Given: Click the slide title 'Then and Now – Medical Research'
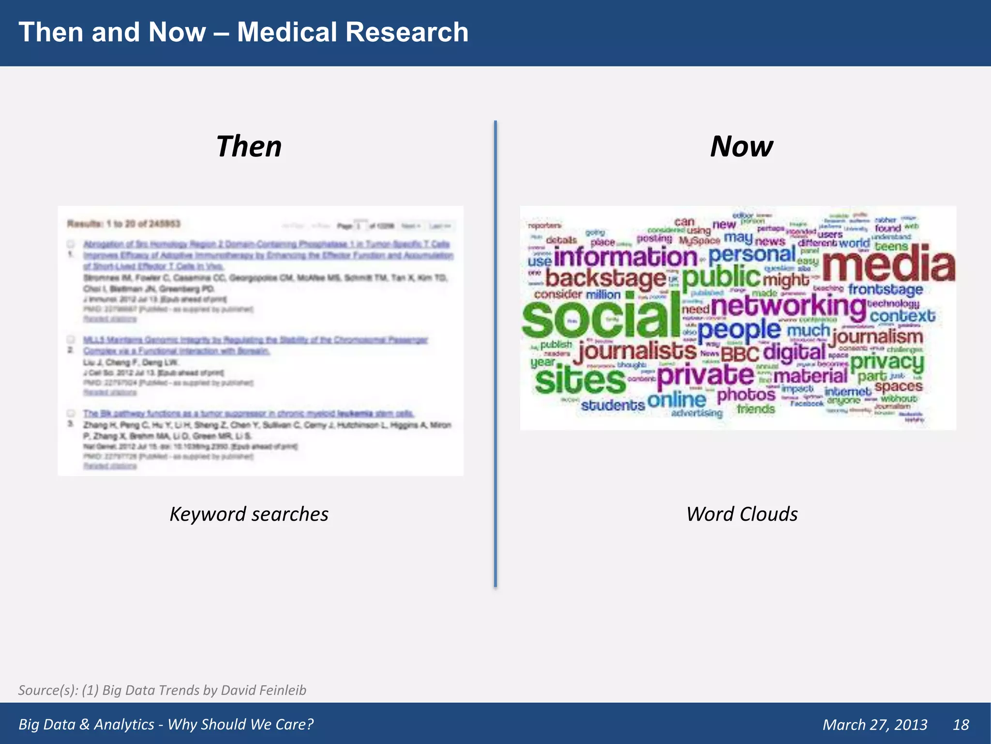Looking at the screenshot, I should (x=243, y=32).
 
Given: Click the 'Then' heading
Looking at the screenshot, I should (x=249, y=146).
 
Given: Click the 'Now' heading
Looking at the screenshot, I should (x=741, y=146).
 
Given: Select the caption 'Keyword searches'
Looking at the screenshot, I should (x=249, y=514).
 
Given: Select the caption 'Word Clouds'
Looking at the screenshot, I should (x=742, y=514).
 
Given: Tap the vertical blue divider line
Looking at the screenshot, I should (x=495, y=354).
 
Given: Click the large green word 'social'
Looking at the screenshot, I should (x=601, y=319).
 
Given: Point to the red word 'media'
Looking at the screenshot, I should (x=888, y=264).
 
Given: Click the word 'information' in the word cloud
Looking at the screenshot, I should (x=625, y=257).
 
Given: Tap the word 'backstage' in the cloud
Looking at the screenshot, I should (x=606, y=279).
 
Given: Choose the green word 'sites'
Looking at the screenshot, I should (x=580, y=380).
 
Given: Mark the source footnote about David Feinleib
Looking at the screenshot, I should (x=162, y=690).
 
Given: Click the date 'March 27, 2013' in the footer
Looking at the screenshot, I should (x=875, y=724).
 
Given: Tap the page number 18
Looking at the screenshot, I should (x=961, y=724).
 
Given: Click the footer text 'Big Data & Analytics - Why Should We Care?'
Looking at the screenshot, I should (x=166, y=724).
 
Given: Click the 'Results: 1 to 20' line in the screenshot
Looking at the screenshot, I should (x=124, y=224).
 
